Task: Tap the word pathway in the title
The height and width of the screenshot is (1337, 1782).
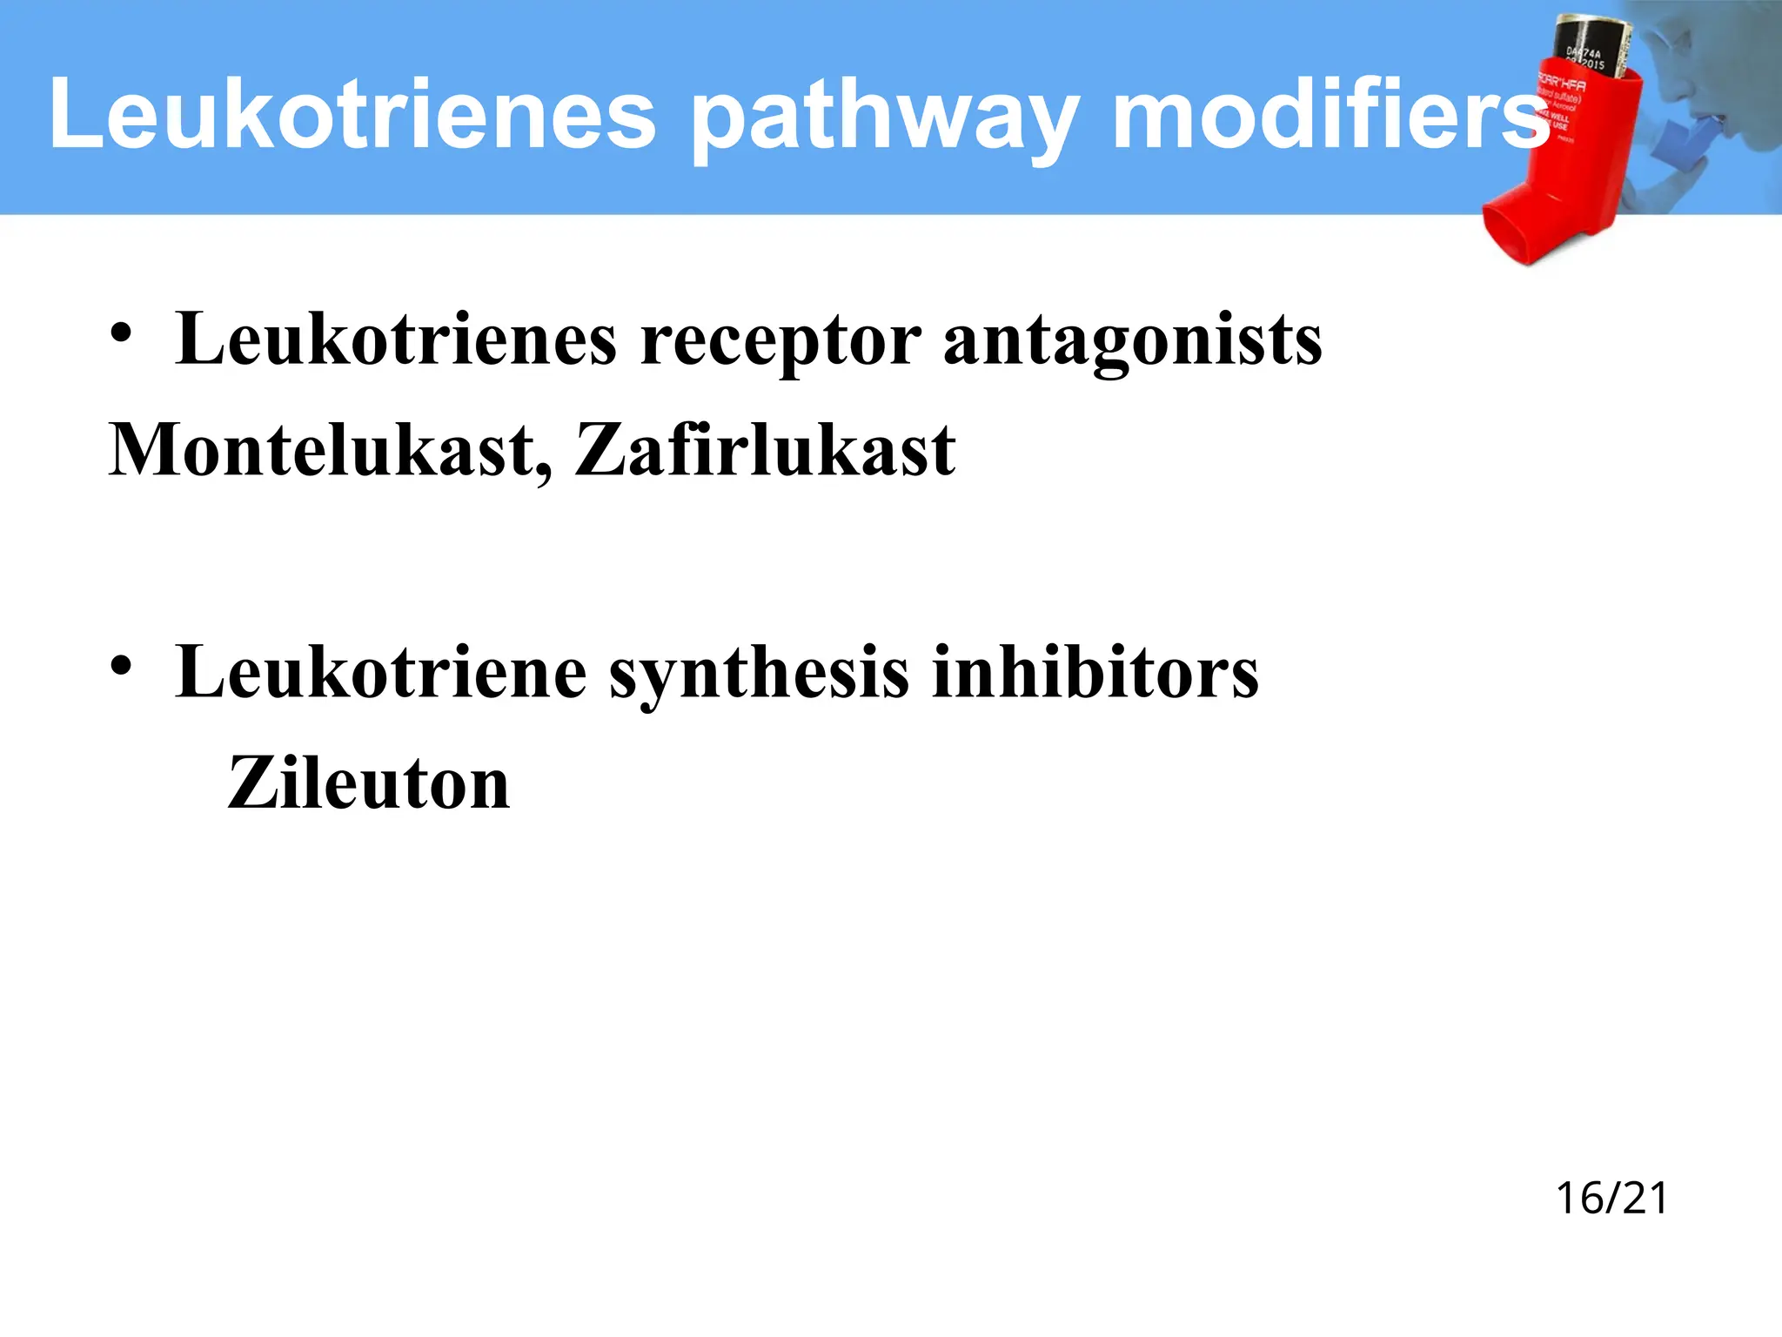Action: [883, 118]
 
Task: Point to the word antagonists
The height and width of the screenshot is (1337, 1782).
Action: [1132, 341]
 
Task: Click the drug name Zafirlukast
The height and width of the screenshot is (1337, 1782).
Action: [765, 451]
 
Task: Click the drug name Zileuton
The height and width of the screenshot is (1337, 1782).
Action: [368, 783]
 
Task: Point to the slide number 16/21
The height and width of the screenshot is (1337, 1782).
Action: [1611, 1199]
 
